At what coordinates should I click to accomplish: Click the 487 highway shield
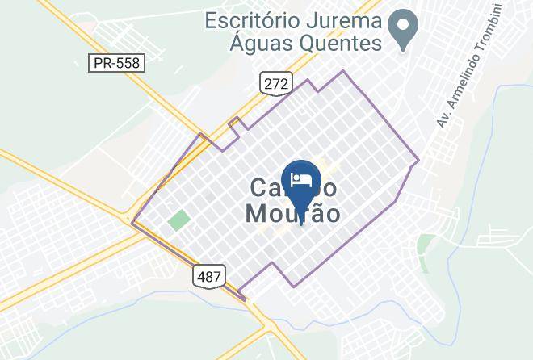[x=208, y=276]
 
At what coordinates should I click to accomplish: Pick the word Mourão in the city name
[x=292, y=214]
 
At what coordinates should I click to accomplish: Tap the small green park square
[x=178, y=220]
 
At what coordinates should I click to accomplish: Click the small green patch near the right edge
[x=425, y=242]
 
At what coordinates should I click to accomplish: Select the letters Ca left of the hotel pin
[x=264, y=188]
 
